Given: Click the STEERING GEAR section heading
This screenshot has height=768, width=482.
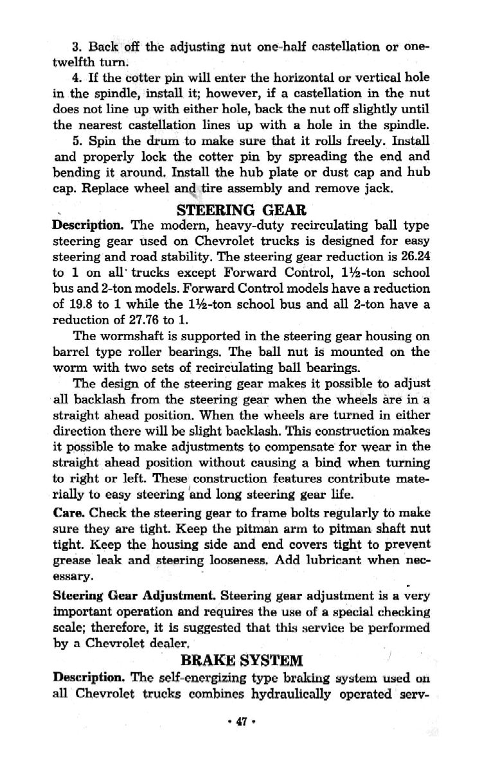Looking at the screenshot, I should click(240, 210).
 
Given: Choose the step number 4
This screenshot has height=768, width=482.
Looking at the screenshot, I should click(75, 79).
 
